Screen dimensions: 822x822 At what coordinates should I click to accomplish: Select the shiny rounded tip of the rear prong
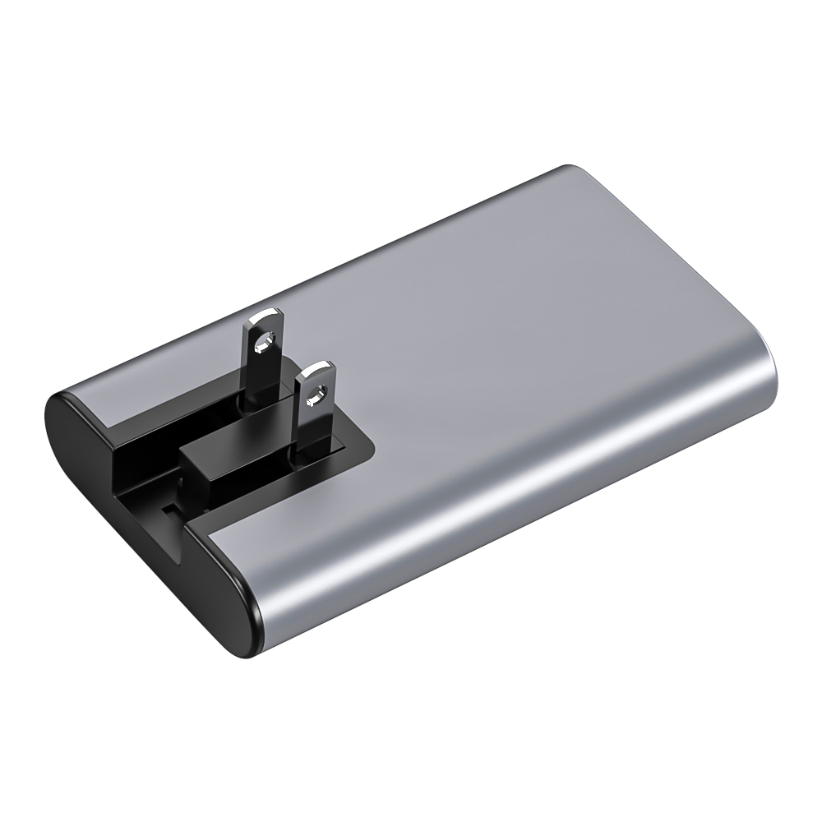(x=266, y=316)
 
